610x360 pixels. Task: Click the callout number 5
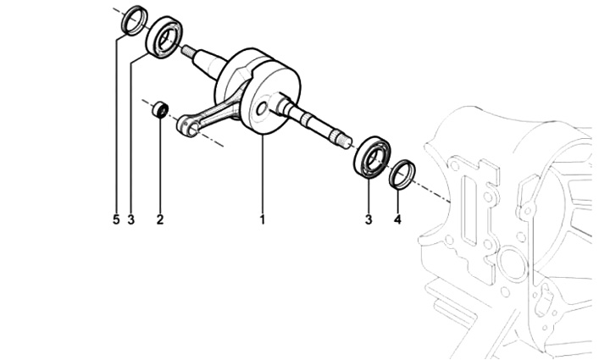coord(116,219)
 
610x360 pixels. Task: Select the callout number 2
coord(160,219)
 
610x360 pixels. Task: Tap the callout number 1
coord(263,219)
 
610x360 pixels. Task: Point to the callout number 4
coord(397,219)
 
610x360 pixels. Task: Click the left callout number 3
coord(130,219)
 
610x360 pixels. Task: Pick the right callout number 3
coord(369,219)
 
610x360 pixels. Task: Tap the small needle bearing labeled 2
coord(160,110)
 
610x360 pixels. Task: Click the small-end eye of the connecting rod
coord(186,127)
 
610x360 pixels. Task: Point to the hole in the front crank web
coord(262,109)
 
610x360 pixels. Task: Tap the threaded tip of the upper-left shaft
coord(188,50)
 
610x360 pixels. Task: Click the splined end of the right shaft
coord(341,139)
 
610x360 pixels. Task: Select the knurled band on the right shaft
coord(306,118)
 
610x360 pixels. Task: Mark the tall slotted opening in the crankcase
coord(469,210)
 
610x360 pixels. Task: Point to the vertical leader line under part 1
coord(263,174)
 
